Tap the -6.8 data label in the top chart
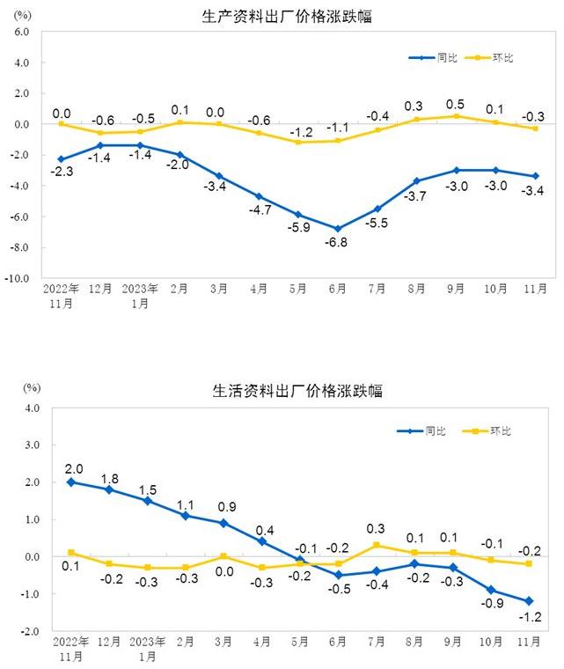coord(337,242)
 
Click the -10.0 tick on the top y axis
coord(18,278)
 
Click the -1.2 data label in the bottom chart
coord(530,617)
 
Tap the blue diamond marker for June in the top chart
coord(337,229)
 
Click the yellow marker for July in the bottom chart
coord(377,545)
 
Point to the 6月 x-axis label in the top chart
coord(337,288)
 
